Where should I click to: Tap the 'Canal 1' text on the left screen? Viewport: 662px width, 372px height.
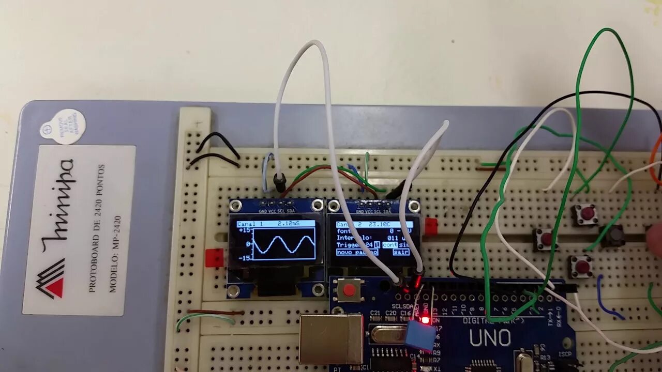tap(250, 224)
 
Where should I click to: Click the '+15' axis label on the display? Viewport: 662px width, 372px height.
tap(245, 231)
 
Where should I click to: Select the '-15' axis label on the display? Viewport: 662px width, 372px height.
tap(245, 257)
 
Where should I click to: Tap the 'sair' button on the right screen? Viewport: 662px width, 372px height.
tap(400, 252)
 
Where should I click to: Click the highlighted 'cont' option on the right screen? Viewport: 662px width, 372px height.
tap(390, 245)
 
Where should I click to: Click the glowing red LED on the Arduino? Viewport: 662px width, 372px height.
tap(426, 320)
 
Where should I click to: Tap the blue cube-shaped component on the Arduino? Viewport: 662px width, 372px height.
tap(419, 336)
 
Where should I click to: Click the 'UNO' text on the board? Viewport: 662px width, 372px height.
tap(490, 338)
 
